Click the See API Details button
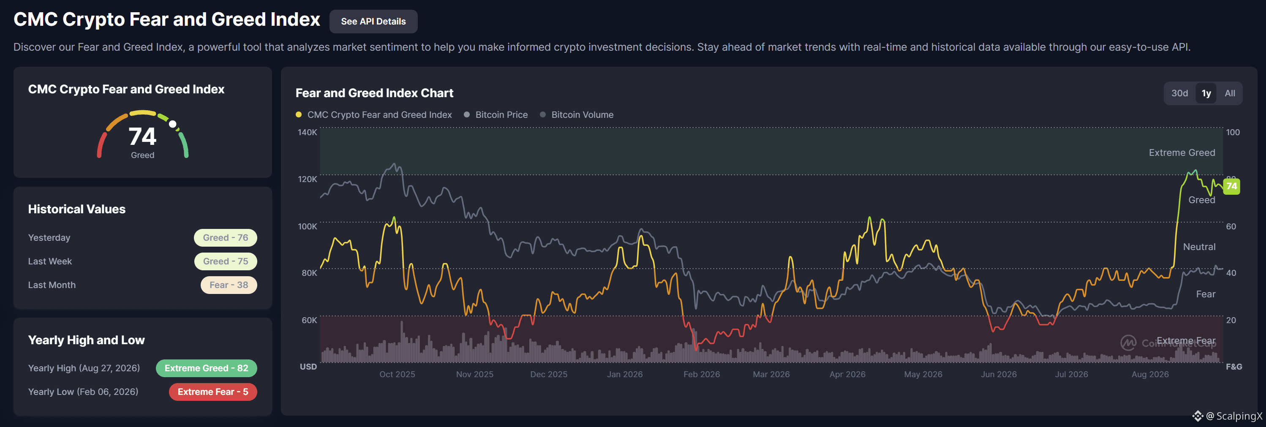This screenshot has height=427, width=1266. [x=373, y=22]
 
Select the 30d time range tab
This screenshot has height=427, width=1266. [x=1179, y=93]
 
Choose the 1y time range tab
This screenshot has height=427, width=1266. [x=1206, y=93]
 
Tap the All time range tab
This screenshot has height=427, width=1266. [x=1230, y=93]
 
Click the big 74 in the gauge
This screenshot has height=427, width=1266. [x=142, y=136]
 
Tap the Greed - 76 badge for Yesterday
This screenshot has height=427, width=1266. [x=226, y=238]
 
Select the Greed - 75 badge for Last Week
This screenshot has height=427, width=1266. [x=226, y=261]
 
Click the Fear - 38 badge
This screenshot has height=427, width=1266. [x=229, y=285]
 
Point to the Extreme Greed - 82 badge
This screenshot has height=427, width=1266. [x=207, y=368]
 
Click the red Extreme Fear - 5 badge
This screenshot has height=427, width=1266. [x=213, y=392]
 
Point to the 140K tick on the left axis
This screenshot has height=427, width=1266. [x=307, y=132]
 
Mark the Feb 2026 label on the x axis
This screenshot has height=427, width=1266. [x=701, y=375]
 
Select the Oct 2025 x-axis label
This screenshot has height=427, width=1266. [x=397, y=375]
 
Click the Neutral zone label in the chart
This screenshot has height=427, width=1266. [x=1199, y=247]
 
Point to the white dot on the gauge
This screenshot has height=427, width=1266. [x=172, y=124]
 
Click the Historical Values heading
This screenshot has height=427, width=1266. [x=76, y=209]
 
